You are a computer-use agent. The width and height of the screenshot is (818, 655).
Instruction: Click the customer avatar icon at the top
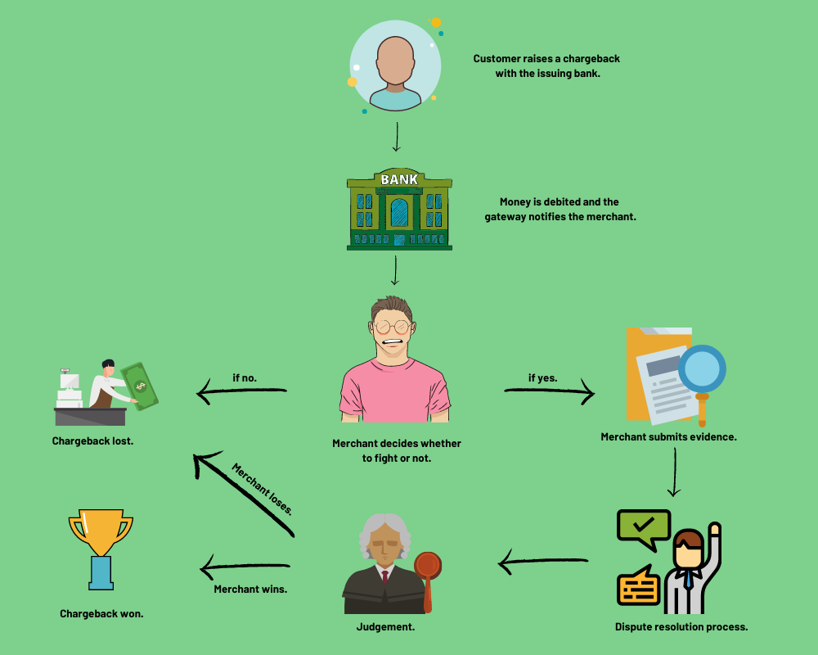tap(395, 65)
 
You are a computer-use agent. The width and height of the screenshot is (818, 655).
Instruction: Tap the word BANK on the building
tap(400, 179)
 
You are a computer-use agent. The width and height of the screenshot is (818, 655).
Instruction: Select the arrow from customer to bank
tap(397, 137)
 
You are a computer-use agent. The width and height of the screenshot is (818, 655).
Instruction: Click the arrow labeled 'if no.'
tap(242, 391)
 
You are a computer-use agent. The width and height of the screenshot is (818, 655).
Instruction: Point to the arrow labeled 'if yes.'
tap(550, 391)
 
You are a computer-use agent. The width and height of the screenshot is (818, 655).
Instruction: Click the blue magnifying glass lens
tap(702, 368)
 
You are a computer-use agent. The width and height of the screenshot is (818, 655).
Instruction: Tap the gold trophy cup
tap(101, 532)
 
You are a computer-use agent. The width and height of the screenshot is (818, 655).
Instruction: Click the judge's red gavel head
tap(428, 565)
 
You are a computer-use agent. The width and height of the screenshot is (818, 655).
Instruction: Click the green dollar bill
tap(139, 386)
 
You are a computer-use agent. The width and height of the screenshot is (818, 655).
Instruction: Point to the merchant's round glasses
tap(391, 327)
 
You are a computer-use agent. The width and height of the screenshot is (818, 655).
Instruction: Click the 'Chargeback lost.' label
tap(93, 440)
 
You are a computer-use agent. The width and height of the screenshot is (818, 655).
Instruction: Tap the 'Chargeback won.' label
tap(101, 614)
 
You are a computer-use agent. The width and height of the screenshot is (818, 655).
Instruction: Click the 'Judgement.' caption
tap(385, 627)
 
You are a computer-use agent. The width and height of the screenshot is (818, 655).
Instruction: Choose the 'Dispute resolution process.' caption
tap(681, 627)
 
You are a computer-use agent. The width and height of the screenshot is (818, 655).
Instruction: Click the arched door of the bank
tap(400, 213)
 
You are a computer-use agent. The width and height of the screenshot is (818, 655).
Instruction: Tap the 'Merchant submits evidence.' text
tap(669, 436)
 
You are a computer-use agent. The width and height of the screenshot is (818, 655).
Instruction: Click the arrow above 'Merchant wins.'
tap(245, 567)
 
